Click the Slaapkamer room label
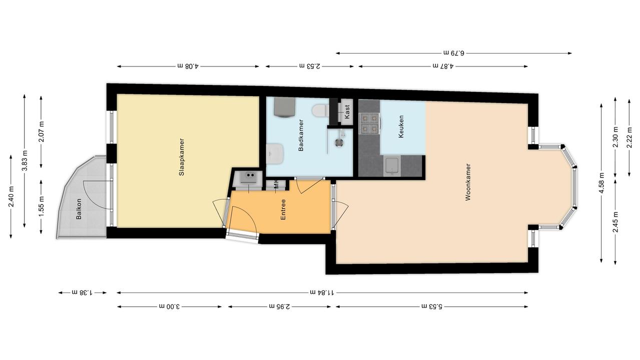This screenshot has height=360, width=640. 182,157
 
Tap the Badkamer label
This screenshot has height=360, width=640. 301,135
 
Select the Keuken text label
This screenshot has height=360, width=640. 401,126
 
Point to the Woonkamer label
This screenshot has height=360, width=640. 468,182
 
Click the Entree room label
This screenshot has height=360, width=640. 283,209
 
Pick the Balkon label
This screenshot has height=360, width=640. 79,208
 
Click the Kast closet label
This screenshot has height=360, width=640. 347,112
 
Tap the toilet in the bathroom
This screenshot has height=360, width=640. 320,111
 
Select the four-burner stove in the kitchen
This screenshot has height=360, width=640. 369,123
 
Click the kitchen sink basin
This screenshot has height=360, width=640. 392,166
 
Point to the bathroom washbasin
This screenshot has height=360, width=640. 275,153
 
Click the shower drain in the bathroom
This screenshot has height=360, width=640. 339,142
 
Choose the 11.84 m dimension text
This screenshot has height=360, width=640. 322,292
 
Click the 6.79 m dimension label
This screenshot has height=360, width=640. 454,53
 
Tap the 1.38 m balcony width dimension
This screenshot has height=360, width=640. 82,292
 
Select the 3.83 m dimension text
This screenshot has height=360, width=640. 25,160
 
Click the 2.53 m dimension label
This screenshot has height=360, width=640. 310,66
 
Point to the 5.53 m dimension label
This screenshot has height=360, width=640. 432,306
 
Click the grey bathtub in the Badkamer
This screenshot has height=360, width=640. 284,107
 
